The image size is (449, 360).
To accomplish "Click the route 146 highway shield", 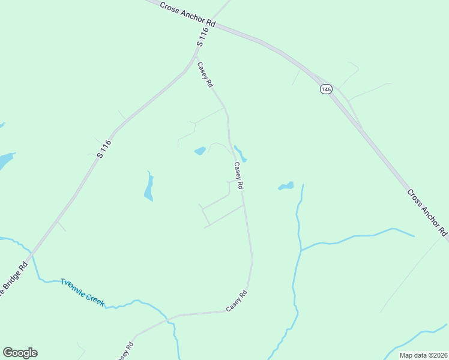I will tap(325, 89).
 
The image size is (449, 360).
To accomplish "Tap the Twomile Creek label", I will tap(82, 292).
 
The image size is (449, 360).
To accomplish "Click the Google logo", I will tap(20, 353).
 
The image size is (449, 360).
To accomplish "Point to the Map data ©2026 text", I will tap(423, 355).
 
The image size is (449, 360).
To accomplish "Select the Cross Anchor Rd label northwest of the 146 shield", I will tap(188, 13).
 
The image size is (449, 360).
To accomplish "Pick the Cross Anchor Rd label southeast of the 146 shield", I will tap(427, 212).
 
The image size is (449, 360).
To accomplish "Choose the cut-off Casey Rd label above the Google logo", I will tap(125, 349).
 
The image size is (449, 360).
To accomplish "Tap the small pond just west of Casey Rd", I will tap(200, 151).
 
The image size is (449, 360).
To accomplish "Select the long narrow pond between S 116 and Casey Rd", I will tap(148, 188).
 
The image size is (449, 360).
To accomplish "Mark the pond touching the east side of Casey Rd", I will tap(240, 154).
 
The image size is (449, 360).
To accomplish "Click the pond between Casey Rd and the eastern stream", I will tap(286, 187).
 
